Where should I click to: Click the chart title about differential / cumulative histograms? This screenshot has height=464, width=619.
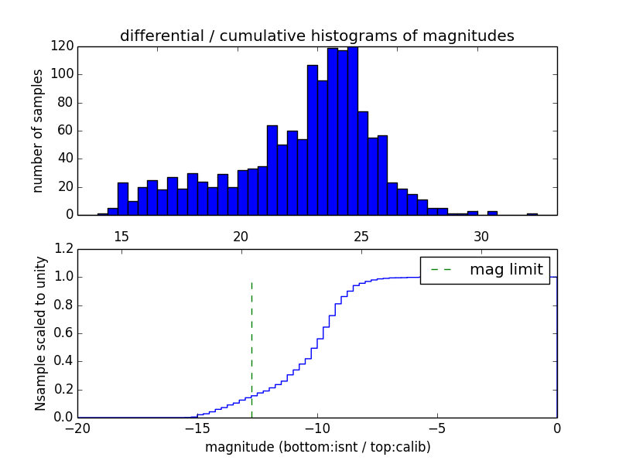(316, 36)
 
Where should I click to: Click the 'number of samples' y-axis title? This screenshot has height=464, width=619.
(38, 131)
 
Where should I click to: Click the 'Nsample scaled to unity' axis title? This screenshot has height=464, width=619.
(40, 333)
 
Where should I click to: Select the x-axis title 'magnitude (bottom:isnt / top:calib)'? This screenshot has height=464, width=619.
(317, 447)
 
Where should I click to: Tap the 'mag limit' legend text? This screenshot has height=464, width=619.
(506, 270)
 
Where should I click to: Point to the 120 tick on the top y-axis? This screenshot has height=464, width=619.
(63, 46)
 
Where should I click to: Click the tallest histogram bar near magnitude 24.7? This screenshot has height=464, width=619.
(353, 131)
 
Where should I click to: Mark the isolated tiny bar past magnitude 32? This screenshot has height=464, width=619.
(532, 213)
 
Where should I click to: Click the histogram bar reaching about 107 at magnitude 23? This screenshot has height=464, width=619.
(313, 139)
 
